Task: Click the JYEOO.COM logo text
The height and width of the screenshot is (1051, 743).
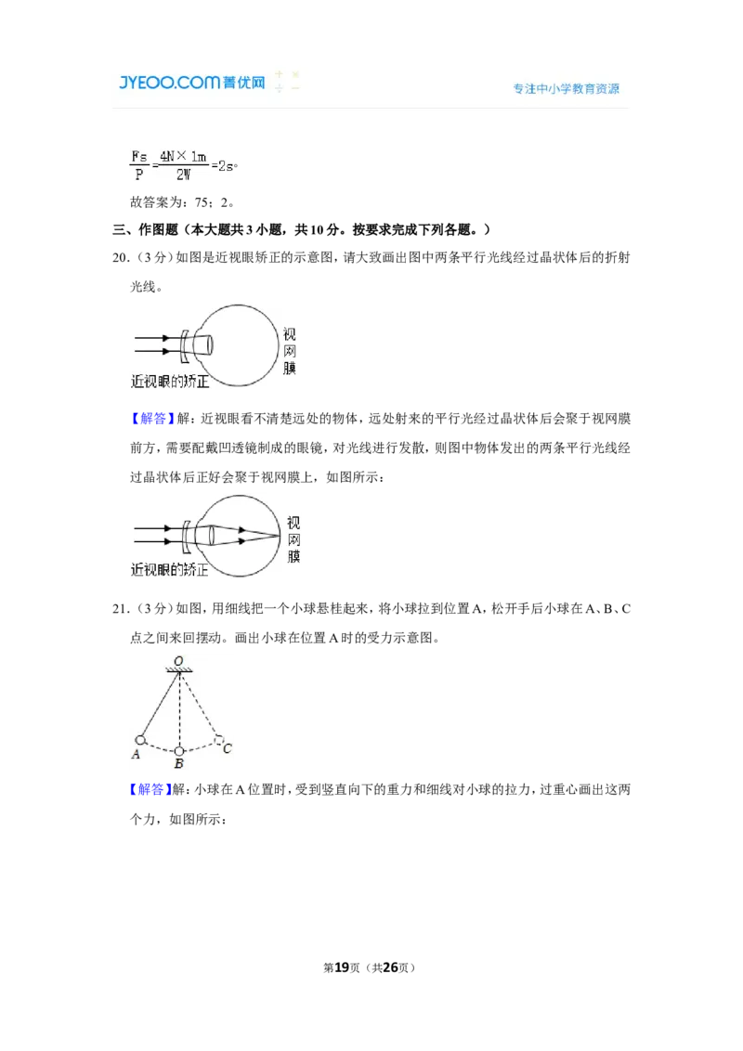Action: pos(170,82)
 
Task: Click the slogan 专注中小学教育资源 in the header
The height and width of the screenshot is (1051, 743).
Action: pos(566,88)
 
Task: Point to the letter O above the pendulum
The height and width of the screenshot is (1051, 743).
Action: pos(178,661)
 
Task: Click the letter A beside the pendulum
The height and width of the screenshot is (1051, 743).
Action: pos(136,754)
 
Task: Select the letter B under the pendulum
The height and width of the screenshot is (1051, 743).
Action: pos(179,763)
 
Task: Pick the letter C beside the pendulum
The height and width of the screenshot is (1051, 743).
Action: pos(228,748)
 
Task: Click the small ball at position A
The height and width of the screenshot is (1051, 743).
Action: pos(140,740)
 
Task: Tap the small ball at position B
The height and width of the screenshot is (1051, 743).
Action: pos(179,751)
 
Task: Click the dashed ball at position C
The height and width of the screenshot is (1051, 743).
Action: pos(218,739)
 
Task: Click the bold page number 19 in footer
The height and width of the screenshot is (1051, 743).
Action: pos(342,967)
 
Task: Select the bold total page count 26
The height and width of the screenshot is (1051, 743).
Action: pos(390,967)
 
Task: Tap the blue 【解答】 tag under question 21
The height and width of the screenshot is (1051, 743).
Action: pos(150,789)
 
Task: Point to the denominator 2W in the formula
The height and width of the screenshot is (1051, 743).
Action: pos(183,175)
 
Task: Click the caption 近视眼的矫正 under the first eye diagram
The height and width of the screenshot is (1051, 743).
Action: pos(170,382)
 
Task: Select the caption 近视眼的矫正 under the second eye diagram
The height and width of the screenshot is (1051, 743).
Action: pos(169,570)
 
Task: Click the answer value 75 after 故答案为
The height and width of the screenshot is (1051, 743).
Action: pos(202,202)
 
